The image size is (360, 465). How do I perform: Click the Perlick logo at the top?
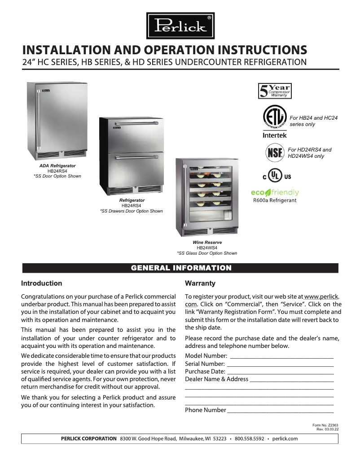click(180, 25)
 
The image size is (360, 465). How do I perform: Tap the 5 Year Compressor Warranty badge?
click(274, 91)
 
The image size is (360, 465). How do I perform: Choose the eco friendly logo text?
click(275, 192)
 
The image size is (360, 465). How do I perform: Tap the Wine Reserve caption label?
click(207, 243)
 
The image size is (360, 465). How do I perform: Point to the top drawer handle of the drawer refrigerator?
click(136, 123)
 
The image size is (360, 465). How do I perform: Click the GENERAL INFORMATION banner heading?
click(180, 268)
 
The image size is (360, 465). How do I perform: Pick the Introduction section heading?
click(42, 283)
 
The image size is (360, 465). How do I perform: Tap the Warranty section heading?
click(200, 283)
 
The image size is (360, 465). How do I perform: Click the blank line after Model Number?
click(281, 356)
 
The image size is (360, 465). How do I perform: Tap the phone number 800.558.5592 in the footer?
click(249, 439)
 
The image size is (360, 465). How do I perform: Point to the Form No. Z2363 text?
click(325, 425)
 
